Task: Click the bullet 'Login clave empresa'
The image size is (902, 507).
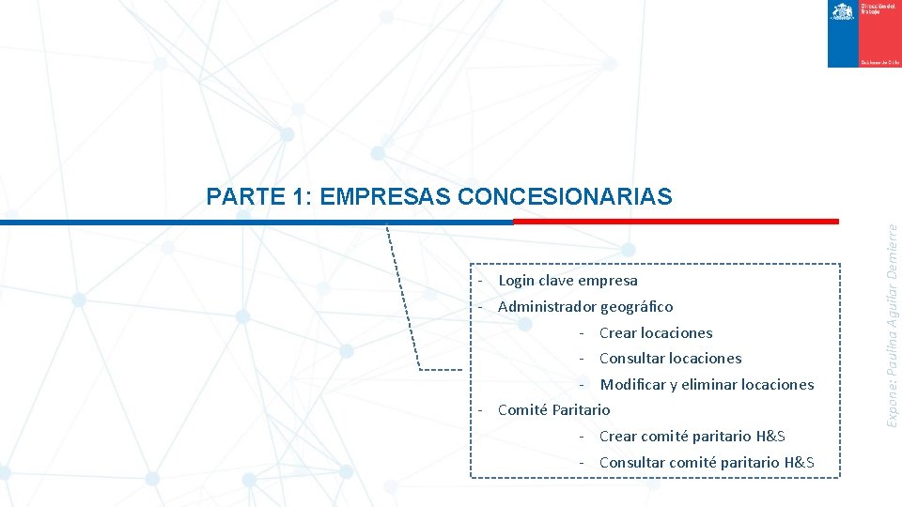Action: click(x=568, y=281)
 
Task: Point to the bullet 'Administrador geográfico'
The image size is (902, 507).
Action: click(x=584, y=307)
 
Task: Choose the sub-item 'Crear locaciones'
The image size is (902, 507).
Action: click(x=656, y=333)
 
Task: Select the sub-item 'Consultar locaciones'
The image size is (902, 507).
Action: click(x=670, y=359)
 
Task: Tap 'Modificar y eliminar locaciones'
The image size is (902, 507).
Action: click(x=707, y=385)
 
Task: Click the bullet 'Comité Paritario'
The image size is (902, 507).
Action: click(x=553, y=410)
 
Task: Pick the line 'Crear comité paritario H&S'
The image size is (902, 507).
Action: click(x=692, y=437)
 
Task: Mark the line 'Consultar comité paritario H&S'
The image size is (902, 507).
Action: click(x=706, y=463)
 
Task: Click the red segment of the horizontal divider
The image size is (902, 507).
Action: click(x=676, y=222)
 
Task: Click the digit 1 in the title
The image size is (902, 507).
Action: click(x=297, y=196)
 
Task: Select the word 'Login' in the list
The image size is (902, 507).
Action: click(x=516, y=281)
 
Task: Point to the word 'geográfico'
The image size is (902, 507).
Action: click(x=637, y=307)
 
